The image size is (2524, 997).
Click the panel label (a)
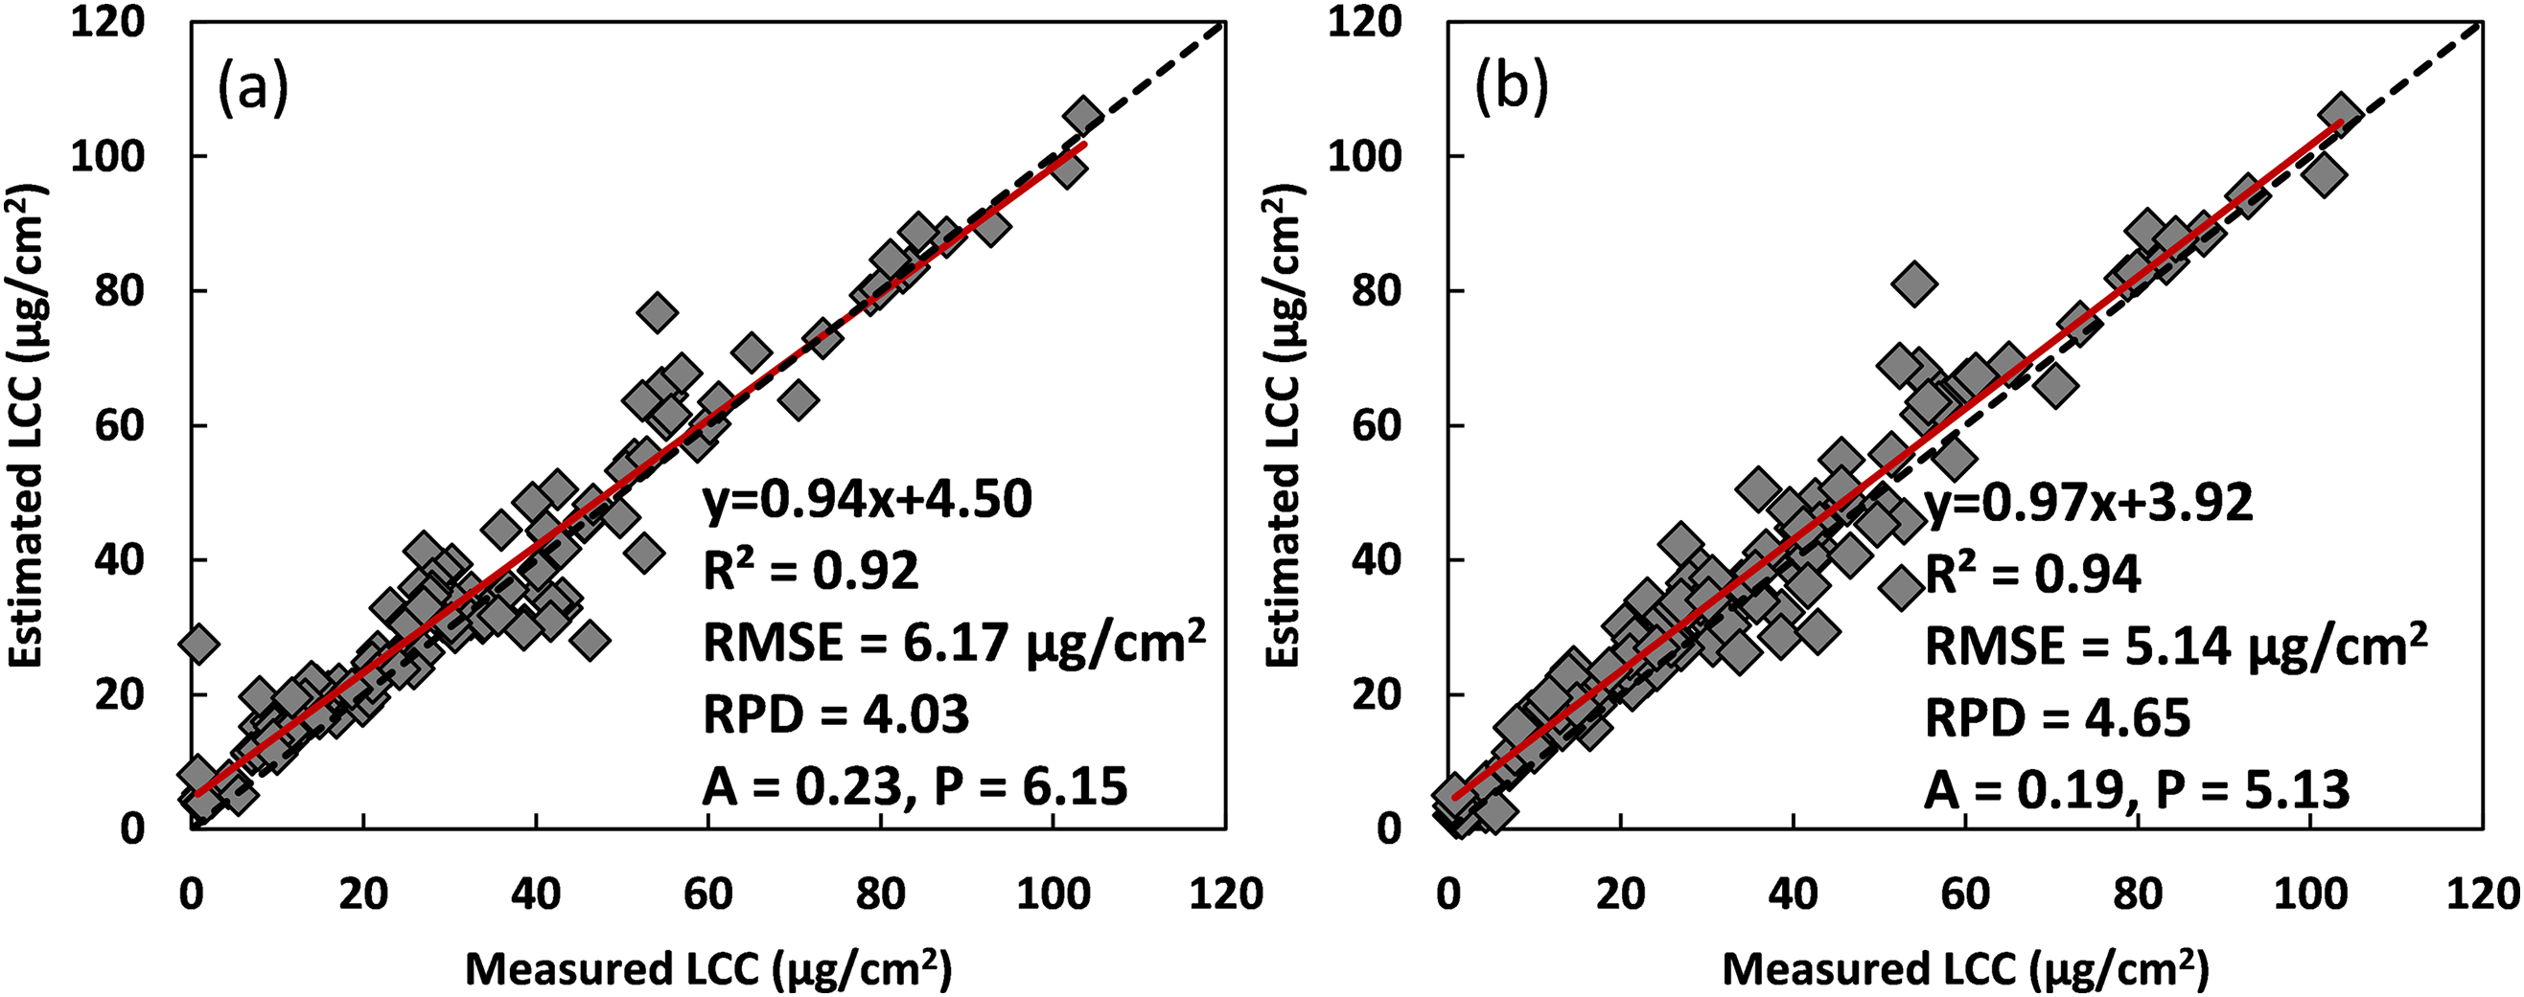coord(253,90)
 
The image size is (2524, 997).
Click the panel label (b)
coord(1512,90)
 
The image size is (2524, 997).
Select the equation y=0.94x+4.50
coord(868,500)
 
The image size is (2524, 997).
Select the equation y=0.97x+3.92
coord(2089,503)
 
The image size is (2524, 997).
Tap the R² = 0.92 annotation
coord(811,571)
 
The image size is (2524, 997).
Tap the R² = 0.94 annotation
coord(2033,574)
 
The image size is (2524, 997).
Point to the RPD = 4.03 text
coord(836,714)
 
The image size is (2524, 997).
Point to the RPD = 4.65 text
coord(2057,718)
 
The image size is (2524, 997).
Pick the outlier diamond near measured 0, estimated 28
coord(197,644)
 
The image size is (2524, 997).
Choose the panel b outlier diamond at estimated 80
coord(1914,284)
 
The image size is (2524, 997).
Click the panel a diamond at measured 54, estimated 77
coord(658,312)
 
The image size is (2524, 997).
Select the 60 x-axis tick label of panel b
coord(1965,895)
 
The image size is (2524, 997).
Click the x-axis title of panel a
coord(707,968)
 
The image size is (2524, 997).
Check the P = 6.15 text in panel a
coord(1030,786)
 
